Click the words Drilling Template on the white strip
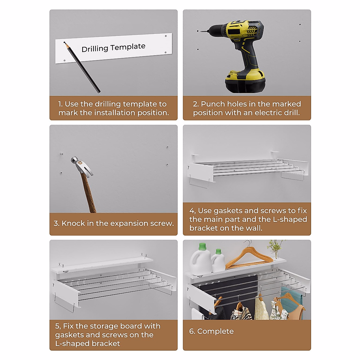pyautogui.click(x=113, y=48)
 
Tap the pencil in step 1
pyautogui.click(x=82, y=67)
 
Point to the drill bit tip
pyautogui.click(x=201, y=31)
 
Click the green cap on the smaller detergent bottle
pyautogui.click(x=218, y=251)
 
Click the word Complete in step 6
pyautogui.click(x=215, y=331)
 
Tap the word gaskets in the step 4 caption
pyautogui.click(x=228, y=211)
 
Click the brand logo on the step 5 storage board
pyautogui.click(x=65, y=271)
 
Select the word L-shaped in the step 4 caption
pyautogui.click(x=290, y=219)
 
